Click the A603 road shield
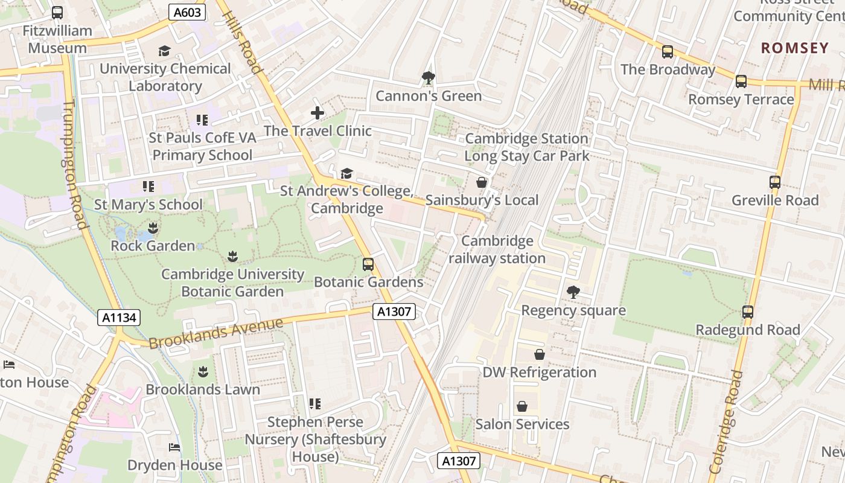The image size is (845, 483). (187, 12)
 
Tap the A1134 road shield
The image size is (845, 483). (120, 318)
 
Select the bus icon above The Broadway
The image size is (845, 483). (667, 52)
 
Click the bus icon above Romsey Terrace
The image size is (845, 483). (741, 82)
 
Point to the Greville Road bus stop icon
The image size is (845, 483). (774, 182)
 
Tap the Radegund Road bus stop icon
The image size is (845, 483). (747, 312)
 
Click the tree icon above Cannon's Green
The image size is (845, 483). (429, 77)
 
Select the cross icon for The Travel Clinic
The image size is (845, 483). (317, 113)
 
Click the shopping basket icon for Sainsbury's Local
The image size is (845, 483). (481, 182)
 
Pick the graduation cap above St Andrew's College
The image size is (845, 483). (346, 174)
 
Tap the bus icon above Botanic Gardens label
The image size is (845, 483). (368, 264)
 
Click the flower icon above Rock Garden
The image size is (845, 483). (152, 228)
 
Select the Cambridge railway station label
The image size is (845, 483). (497, 250)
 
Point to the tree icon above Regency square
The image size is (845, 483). (573, 292)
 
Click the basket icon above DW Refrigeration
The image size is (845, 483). (539, 354)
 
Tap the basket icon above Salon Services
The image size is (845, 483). (522, 406)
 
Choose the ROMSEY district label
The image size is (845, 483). (794, 48)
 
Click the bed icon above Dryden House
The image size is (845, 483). (174, 447)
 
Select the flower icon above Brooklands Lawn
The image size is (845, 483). (203, 371)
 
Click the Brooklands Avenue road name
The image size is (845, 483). (215, 333)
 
